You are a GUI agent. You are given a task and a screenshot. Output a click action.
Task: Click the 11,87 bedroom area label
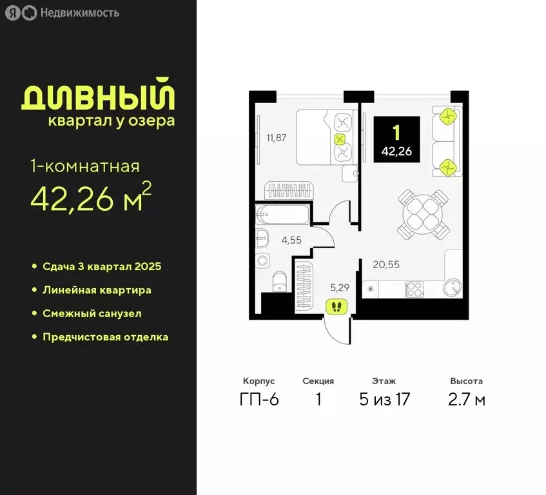[275, 137]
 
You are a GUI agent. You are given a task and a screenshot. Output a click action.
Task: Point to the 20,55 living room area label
[385, 263]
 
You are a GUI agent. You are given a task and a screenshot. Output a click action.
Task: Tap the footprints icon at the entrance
[337, 306]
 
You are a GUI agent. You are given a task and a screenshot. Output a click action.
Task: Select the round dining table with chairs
[423, 213]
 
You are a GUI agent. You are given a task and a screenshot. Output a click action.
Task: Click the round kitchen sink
[453, 288]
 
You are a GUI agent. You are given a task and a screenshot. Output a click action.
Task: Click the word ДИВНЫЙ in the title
[98, 97]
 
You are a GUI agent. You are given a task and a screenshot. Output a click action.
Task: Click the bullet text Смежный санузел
[92, 313]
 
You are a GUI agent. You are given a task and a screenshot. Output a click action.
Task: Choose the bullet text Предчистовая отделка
[105, 336]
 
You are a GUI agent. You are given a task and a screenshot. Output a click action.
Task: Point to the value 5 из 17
[384, 400]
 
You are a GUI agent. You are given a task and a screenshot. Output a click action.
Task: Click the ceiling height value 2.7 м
[467, 400]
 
